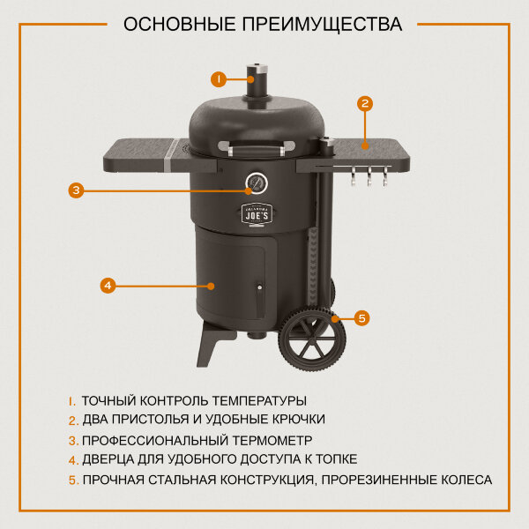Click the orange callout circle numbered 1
tap(220, 78)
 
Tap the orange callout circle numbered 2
tap(365, 103)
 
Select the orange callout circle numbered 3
tap(77, 189)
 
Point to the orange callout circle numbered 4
tap(107, 285)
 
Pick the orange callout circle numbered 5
tap(361, 317)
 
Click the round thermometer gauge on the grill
tap(257, 183)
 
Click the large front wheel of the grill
tap(312, 339)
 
